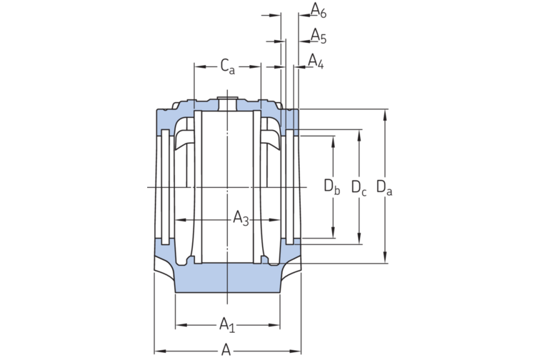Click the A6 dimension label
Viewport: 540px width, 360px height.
pyautogui.click(x=319, y=10)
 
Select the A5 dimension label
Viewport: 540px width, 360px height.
pyautogui.click(x=319, y=36)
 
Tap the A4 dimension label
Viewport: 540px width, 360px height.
pyautogui.click(x=316, y=61)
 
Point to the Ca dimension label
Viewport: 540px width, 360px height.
pyautogui.click(x=227, y=66)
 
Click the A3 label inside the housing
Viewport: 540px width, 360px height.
pyautogui.click(x=241, y=219)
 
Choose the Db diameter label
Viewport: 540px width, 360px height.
pyautogui.click(x=331, y=186)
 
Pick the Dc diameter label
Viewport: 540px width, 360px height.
pyautogui.click(x=359, y=188)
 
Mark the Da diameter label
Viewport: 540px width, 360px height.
pyautogui.click(x=384, y=187)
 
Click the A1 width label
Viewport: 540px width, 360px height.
pyautogui.click(x=227, y=325)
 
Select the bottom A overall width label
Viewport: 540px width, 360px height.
pyautogui.click(x=226, y=350)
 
